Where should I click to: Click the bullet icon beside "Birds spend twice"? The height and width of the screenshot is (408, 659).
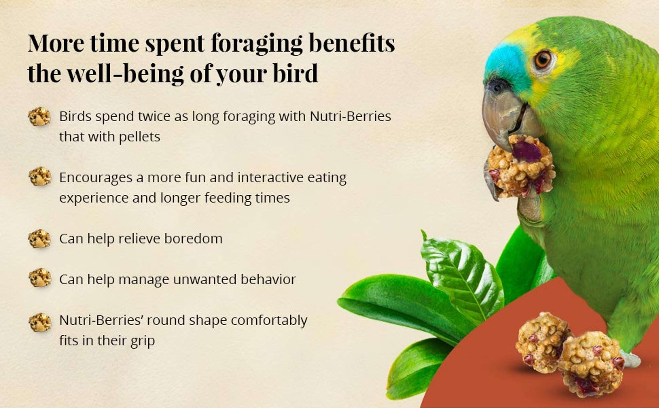click(x=39, y=117)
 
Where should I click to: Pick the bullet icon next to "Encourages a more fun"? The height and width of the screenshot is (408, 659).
click(x=40, y=177)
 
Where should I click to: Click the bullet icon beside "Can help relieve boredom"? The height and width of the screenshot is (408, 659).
click(x=39, y=239)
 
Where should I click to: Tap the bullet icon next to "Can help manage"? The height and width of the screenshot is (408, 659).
click(x=40, y=278)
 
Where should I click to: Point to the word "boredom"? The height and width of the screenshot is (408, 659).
click(x=193, y=238)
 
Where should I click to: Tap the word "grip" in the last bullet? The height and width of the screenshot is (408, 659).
click(x=143, y=341)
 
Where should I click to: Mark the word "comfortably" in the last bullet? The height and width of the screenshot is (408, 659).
click(x=269, y=320)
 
